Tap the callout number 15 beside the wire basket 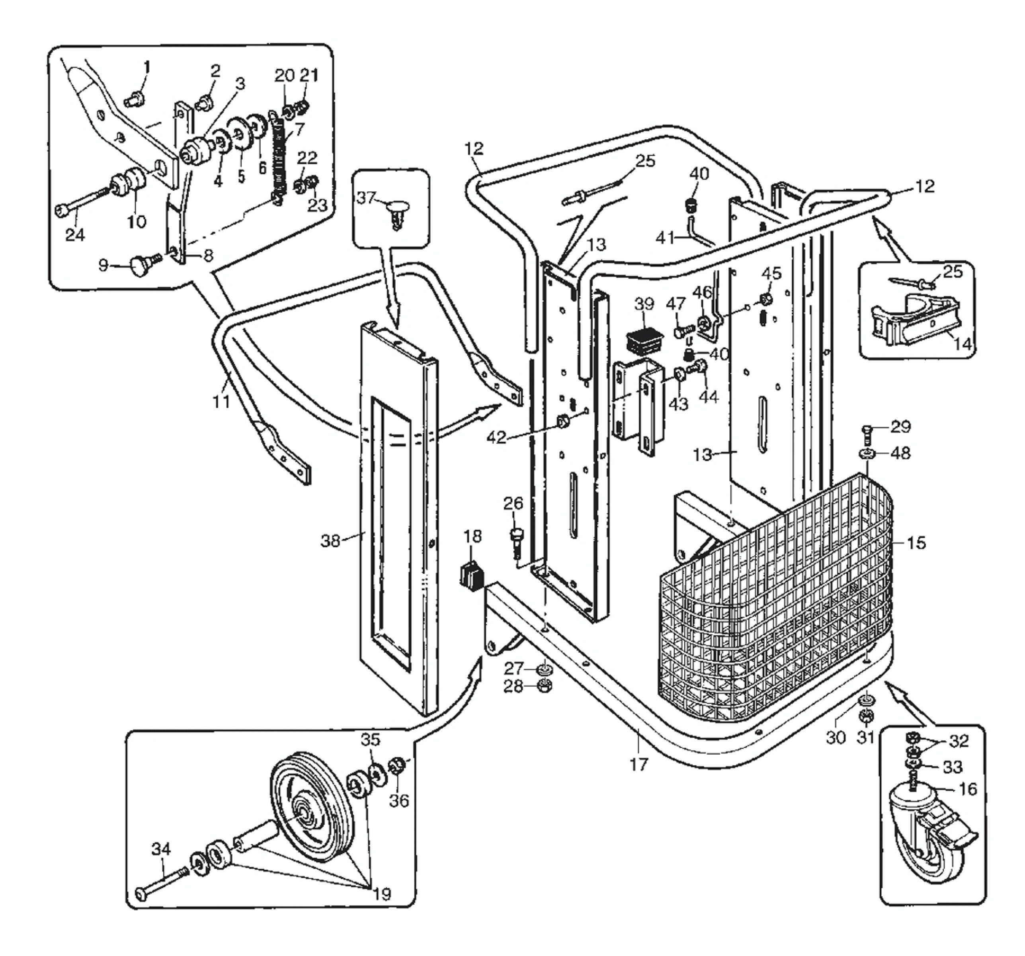pos(916,543)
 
